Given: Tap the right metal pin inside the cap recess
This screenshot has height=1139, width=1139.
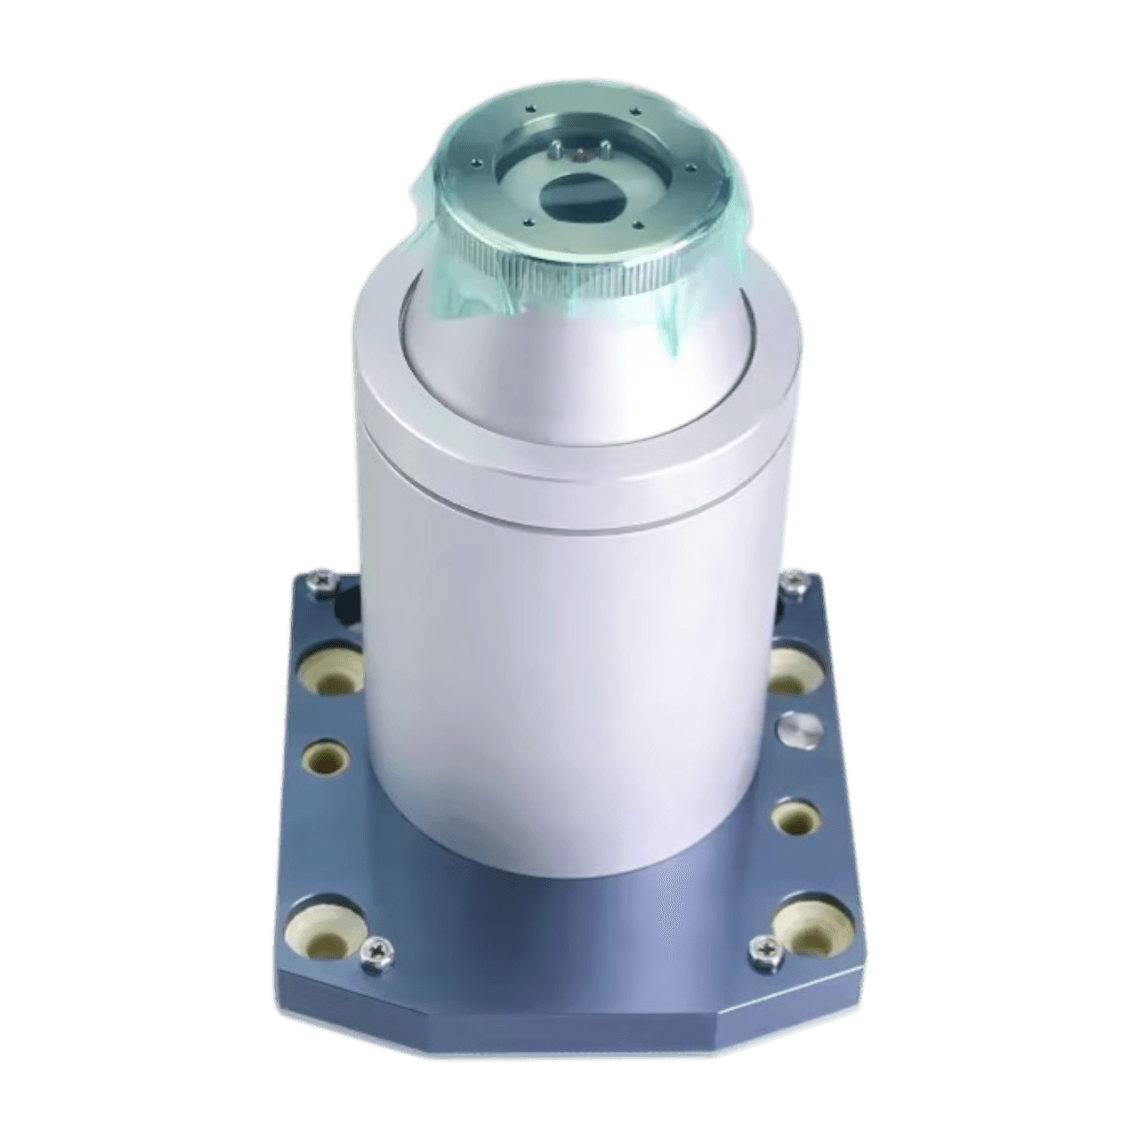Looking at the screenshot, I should tap(603, 149).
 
